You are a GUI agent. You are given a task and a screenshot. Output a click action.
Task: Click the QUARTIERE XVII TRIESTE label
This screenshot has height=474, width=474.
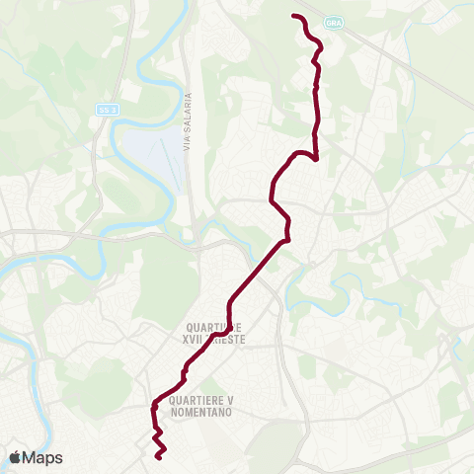213,331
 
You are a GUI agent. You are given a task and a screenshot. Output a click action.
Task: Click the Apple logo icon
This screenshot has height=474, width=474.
16,457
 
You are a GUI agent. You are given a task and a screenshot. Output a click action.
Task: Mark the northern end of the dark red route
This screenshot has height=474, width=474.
294,16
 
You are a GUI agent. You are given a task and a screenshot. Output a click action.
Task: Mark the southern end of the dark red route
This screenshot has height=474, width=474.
158,457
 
